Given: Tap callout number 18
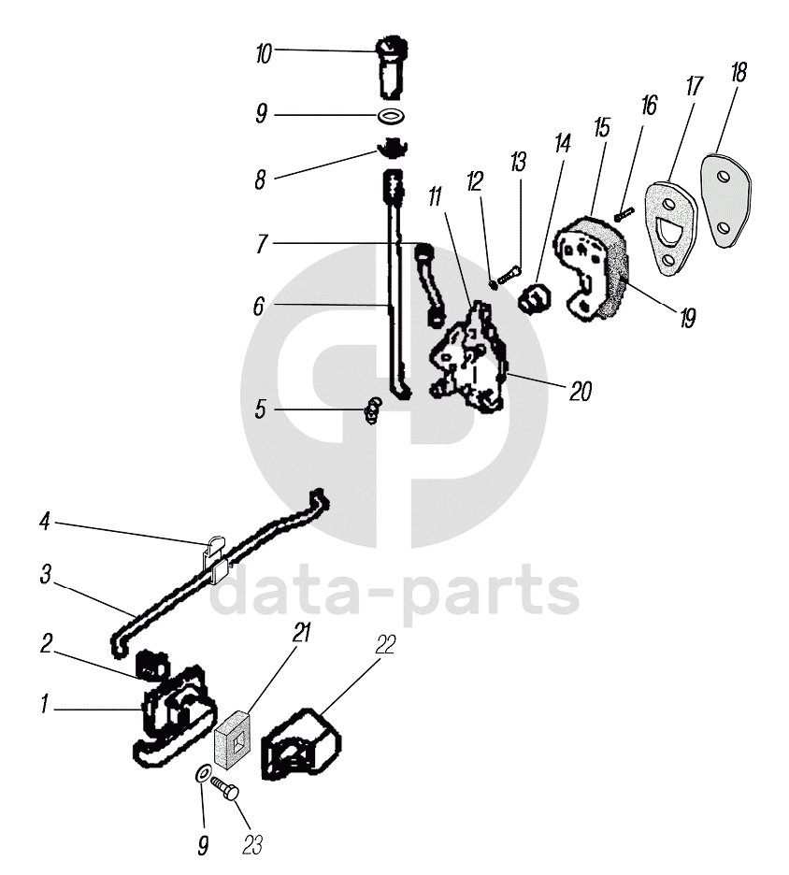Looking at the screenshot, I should click(739, 74).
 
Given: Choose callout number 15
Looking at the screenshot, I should click(601, 127).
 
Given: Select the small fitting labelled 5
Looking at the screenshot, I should click(373, 410).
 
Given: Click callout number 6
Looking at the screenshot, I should click(259, 305).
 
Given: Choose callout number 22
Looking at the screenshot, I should click(385, 645).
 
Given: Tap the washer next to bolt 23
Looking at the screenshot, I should click(202, 775).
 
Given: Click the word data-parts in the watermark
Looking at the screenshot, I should click(394, 591).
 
